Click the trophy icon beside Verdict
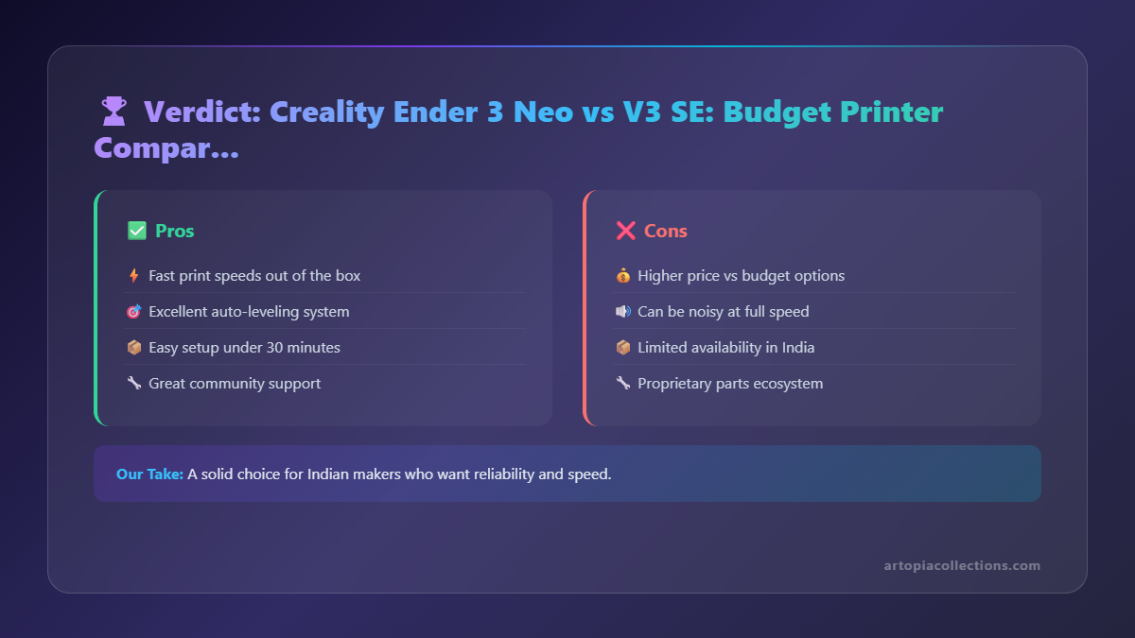[x=113, y=112]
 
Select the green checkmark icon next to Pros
[x=136, y=231]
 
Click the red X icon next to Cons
[x=625, y=231]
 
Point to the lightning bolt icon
[x=133, y=276]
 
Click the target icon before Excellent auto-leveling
[x=133, y=312]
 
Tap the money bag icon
[x=622, y=276]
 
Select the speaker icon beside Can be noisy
[x=622, y=312]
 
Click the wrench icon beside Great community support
[x=133, y=384]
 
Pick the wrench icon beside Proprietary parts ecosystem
[x=622, y=384]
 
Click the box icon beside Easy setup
[x=133, y=348]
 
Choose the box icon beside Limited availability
[x=622, y=348]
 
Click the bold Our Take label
[x=149, y=474]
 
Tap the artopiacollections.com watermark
[x=962, y=565]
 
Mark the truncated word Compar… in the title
[x=166, y=148]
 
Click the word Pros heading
[x=175, y=231]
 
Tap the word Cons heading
[x=666, y=231]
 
